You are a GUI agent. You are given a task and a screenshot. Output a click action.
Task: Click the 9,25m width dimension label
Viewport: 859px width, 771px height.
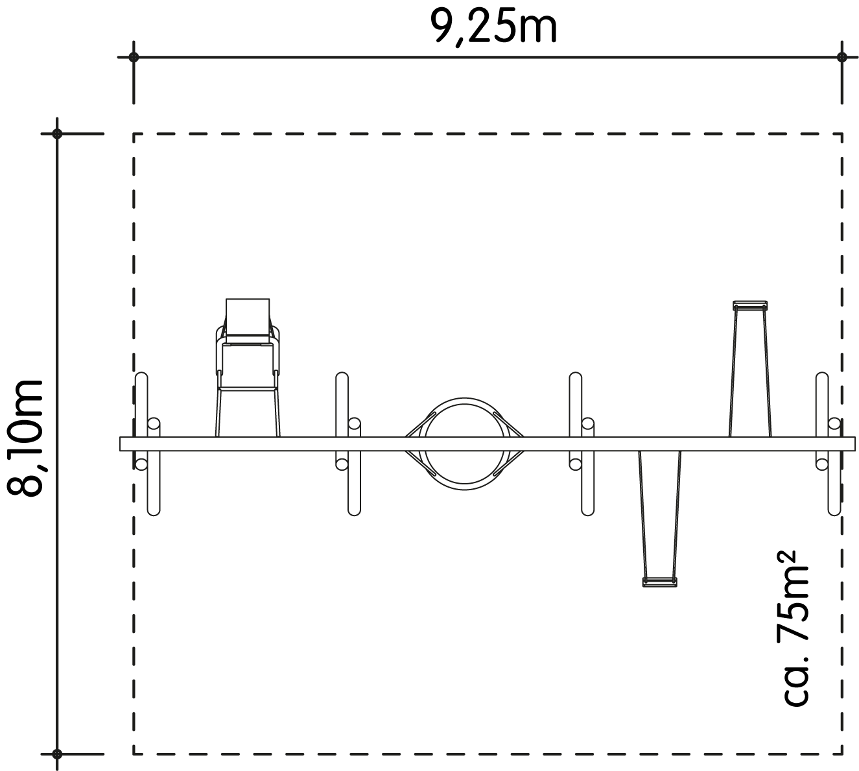coord(493,27)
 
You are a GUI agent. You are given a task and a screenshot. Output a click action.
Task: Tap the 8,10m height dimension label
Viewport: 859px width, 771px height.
coord(25,438)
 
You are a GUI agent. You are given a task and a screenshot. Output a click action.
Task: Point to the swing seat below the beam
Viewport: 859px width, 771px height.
coord(659,582)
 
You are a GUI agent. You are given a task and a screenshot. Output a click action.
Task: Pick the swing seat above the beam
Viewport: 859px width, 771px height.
coord(750,305)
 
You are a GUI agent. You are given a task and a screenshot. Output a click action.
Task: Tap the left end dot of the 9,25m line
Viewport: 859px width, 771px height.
coord(134,57)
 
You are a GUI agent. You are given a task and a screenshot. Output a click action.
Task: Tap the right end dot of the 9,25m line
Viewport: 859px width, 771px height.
coord(841,57)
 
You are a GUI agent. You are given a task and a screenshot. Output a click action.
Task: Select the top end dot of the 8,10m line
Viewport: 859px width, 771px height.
coord(57,134)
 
